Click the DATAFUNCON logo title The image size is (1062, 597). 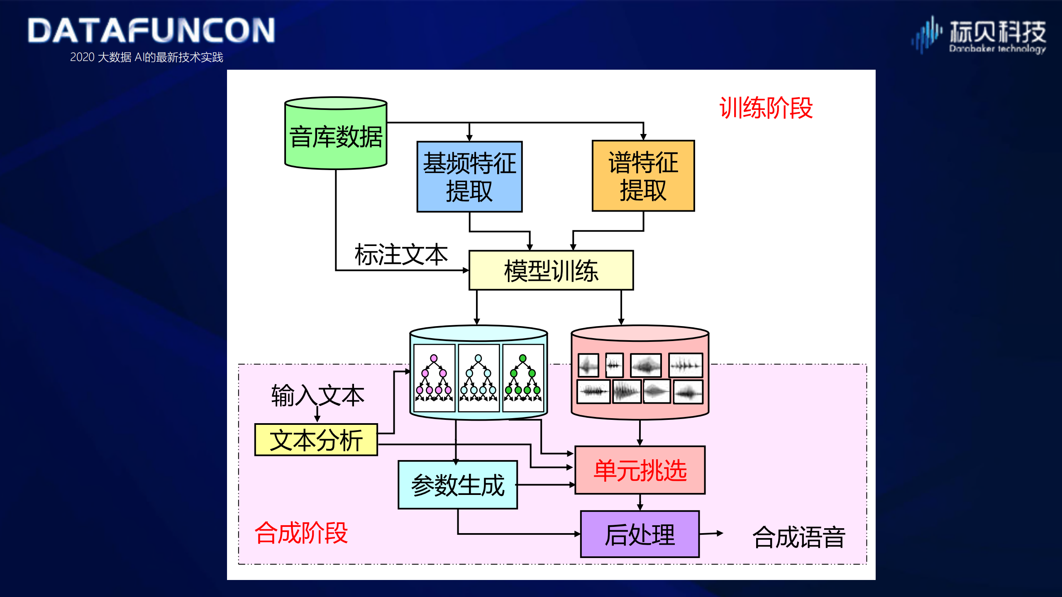click(x=151, y=30)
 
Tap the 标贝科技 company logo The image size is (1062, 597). click(x=979, y=35)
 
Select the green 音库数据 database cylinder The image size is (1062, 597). click(x=336, y=134)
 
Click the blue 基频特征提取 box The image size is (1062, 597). click(x=469, y=177)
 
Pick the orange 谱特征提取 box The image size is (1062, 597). click(x=643, y=176)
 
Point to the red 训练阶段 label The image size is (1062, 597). click(x=766, y=108)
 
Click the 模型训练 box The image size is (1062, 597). click(x=551, y=270)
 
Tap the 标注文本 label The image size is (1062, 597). click(x=401, y=254)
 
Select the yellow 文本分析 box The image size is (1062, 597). click(x=316, y=440)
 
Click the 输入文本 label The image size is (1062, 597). click(x=317, y=395)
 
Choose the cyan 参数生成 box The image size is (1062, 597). click(x=458, y=485)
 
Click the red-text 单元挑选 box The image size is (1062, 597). click(x=640, y=470)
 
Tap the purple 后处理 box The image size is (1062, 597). click(x=640, y=534)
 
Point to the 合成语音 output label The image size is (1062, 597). click(x=798, y=537)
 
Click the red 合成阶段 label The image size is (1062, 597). click(x=301, y=533)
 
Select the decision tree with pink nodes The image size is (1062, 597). click(x=434, y=378)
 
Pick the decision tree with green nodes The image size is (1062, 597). click(x=523, y=378)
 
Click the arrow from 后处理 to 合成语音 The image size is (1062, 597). click(x=711, y=534)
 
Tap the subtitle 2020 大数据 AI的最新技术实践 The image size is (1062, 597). click(x=146, y=57)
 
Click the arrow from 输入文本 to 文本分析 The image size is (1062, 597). click(x=317, y=414)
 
